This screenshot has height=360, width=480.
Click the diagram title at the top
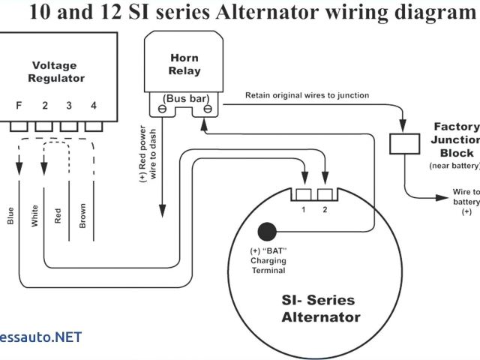[240, 13]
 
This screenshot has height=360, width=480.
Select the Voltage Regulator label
[56, 71]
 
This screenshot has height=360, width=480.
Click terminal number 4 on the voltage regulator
[93, 106]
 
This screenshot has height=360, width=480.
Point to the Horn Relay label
[184, 64]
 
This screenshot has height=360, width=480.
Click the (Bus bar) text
[184, 98]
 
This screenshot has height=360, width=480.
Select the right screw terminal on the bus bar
[207, 109]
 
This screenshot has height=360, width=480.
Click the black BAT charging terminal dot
[266, 232]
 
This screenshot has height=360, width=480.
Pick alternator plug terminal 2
[325, 196]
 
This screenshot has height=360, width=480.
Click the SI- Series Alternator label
[320, 308]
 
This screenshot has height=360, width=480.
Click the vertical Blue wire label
[10, 214]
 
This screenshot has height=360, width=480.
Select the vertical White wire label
[34, 215]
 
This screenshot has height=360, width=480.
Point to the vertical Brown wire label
[82, 215]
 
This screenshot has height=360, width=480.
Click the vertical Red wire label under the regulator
[58, 216]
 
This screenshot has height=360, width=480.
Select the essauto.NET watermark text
[40, 337]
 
